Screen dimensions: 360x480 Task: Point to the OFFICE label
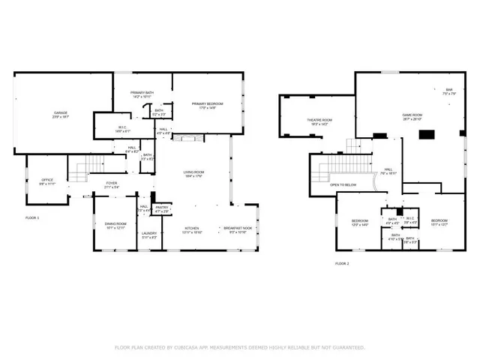point(36,181)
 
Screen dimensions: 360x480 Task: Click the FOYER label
point(111,182)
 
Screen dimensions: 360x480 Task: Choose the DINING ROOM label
point(115,224)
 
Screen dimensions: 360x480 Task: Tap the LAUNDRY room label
point(148,233)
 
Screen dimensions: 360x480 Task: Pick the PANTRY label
point(161,208)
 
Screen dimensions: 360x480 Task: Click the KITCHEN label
point(193,229)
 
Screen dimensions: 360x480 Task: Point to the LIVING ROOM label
point(194,172)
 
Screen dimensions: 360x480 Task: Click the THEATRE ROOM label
point(319,120)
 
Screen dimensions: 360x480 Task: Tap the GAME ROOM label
point(412,115)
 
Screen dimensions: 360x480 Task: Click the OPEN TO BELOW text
point(343,184)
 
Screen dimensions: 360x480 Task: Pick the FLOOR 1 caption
point(32,217)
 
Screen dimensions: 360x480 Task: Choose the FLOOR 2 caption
point(342,264)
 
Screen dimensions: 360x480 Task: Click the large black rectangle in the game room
point(427,135)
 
